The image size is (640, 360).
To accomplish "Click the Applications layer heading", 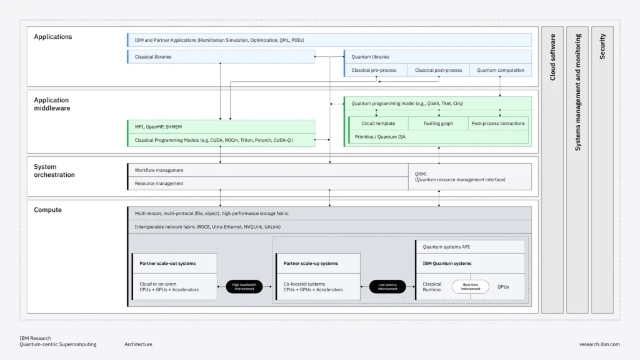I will (x=53, y=37).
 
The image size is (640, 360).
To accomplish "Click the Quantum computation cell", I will (x=500, y=70).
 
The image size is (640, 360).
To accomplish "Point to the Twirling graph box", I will (x=438, y=124).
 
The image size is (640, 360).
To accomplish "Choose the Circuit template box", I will (x=378, y=124).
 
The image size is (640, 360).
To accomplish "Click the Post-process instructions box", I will (x=498, y=124).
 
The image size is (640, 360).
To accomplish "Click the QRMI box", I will (x=469, y=176).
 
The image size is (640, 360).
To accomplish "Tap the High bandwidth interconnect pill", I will (x=244, y=287).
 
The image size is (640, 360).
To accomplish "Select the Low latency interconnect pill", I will (x=387, y=287).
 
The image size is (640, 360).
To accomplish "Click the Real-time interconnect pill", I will (x=471, y=287).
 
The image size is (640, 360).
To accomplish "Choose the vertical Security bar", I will (x=602, y=169).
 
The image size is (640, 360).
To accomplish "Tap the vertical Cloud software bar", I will (x=552, y=169).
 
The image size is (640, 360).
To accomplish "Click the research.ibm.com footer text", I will (x=599, y=344).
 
